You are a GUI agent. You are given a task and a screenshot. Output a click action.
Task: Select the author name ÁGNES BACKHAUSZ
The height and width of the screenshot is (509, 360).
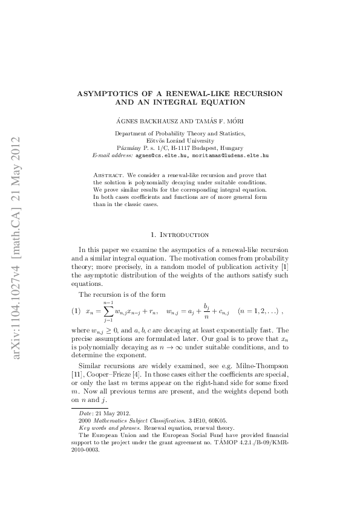pos(144,122)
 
